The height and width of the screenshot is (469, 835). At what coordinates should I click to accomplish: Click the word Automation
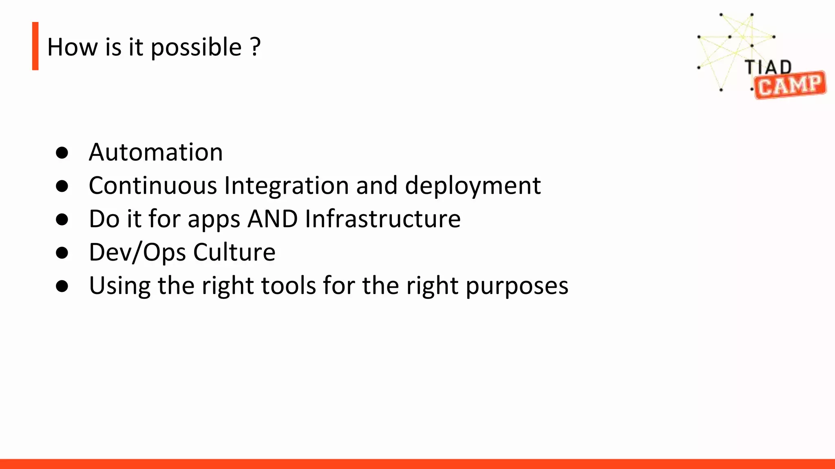156,152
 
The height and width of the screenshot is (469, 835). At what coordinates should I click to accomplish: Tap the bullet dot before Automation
62,153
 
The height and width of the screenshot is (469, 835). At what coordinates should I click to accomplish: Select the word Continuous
153,186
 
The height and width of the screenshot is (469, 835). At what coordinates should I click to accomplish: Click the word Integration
287,186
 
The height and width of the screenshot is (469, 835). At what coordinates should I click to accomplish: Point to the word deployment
473,186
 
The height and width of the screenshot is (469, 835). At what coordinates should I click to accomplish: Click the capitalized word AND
272,219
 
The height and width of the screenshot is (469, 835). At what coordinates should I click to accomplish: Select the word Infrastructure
382,219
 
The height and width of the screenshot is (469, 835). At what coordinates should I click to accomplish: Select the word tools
288,286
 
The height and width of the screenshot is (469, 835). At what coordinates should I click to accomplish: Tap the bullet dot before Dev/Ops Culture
62,253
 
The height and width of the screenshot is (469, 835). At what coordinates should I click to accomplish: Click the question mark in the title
255,46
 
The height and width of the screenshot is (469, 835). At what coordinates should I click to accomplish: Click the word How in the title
73,47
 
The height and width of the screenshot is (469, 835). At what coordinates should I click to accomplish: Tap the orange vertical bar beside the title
35,46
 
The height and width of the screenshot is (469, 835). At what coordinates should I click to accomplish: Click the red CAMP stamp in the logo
790,85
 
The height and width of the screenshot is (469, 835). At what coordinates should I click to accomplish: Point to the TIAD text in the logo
768,67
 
